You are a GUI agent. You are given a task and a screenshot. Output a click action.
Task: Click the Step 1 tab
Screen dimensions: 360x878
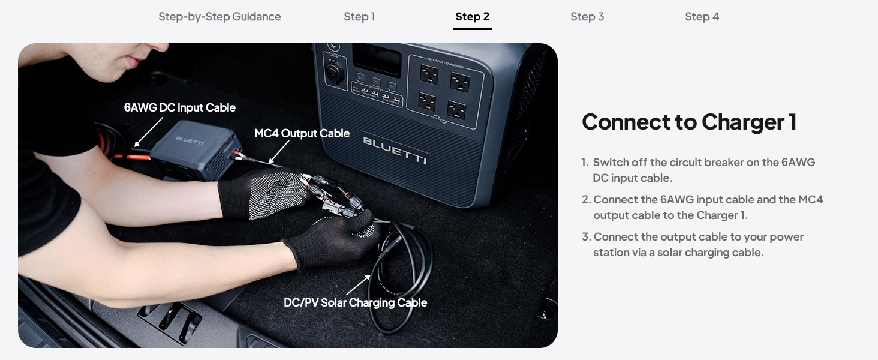coord(359,17)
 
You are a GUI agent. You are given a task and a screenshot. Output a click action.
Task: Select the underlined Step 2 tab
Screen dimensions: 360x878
coord(472,17)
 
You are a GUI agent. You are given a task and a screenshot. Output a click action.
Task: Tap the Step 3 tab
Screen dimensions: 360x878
coord(587,17)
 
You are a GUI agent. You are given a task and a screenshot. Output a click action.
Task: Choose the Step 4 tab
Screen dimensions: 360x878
coord(702,17)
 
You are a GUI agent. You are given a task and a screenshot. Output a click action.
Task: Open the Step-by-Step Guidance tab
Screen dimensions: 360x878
coord(220,17)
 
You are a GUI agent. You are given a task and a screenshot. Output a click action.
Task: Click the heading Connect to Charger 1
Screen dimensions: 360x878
coord(689,122)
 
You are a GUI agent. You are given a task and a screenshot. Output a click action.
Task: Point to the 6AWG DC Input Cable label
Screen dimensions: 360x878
coord(179,108)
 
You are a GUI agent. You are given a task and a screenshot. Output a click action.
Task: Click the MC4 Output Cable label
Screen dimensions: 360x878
coord(302,133)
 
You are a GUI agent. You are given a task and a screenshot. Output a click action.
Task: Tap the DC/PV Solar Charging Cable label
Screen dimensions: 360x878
coord(355,302)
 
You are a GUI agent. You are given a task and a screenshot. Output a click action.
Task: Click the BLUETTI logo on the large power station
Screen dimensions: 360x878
coord(395,150)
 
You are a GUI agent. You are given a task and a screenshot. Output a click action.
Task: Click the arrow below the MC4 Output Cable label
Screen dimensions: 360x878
coord(279,152)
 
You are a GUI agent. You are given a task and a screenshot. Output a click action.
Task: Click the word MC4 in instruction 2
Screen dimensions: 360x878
coord(810,200)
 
